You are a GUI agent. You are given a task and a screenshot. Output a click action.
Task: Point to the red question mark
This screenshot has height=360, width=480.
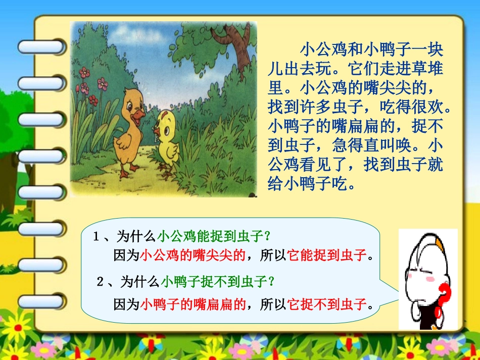pos(444,297)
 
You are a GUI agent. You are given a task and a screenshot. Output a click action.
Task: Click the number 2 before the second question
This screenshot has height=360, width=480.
pos(100,281)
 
